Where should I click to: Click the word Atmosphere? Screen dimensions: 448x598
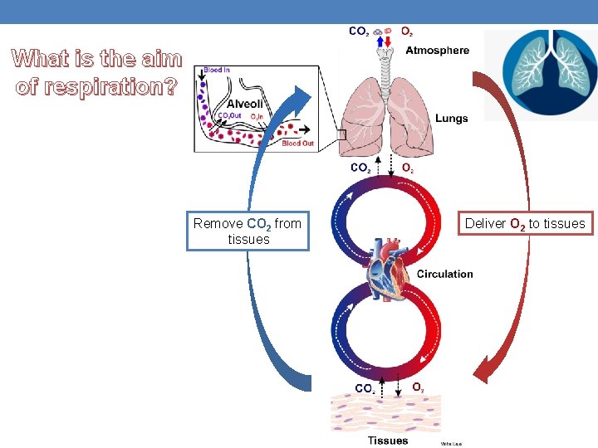[x=437, y=51]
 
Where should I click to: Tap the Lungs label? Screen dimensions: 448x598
[x=451, y=119]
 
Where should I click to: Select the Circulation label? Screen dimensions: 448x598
[x=444, y=274]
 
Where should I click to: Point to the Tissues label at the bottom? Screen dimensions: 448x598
[x=388, y=441]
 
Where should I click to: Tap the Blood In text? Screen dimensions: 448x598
[x=217, y=71]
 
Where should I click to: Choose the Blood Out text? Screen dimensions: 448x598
[x=297, y=144]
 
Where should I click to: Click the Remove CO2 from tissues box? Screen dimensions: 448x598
[x=248, y=231]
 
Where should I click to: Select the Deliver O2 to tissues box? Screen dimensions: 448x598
[x=525, y=223]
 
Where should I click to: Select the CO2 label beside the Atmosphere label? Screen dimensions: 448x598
[x=359, y=32]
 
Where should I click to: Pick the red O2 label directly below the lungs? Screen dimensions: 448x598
[x=408, y=168]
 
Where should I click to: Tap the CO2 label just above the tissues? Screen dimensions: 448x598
[x=364, y=388]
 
